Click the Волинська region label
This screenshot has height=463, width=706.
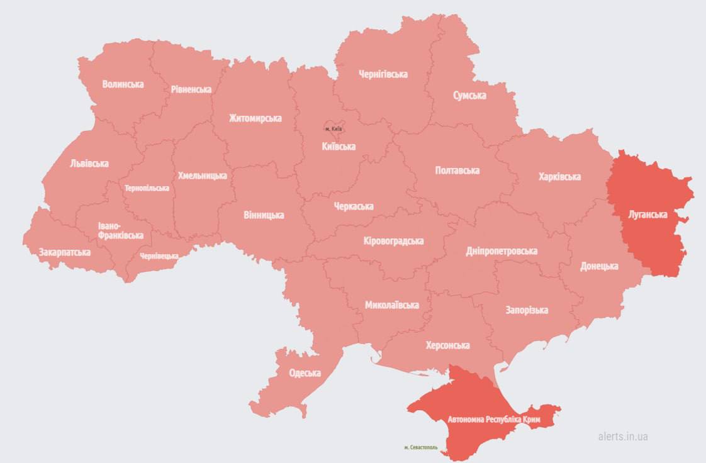123,84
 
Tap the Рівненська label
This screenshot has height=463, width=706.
191,89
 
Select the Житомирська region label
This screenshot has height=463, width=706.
255,118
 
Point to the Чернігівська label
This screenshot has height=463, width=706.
383,74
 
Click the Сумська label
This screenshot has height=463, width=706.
469,96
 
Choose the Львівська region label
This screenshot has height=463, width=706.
89,164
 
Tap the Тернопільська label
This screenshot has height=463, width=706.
147,188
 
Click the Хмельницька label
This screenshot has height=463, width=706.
202,176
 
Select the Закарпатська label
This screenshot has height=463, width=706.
64,252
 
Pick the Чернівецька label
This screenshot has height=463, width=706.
159,256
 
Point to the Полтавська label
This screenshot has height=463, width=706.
457,170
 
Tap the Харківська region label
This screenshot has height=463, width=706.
559,177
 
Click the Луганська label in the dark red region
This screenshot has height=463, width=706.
647,215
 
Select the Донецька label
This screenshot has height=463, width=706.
598,266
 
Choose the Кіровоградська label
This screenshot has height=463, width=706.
393,241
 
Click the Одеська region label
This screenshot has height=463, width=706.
305,373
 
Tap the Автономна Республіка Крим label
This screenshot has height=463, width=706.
494,419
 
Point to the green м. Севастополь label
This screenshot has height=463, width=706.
425,448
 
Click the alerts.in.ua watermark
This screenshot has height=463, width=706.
622,437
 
